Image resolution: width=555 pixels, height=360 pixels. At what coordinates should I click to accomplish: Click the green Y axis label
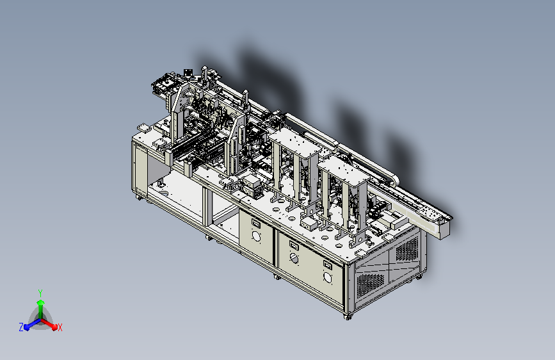click(40, 293)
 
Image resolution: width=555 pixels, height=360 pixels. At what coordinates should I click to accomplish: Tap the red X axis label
click(60, 327)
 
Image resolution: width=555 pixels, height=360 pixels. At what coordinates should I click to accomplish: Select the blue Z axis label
click(21, 327)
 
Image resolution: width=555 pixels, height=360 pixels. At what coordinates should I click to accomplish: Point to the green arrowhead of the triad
click(41, 302)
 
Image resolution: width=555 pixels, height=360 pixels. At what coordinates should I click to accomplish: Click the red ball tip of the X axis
click(54, 327)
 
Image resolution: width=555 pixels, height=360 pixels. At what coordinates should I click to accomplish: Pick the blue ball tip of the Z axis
click(27, 327)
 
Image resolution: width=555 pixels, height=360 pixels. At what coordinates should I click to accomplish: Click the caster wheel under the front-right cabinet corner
click(348, 316)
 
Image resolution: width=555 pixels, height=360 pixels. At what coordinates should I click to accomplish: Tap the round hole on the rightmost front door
click(328, 277)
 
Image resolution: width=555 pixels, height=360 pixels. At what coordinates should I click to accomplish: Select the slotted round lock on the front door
click(294, 258)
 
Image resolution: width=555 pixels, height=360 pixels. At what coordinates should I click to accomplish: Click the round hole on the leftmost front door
click(256, 236)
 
